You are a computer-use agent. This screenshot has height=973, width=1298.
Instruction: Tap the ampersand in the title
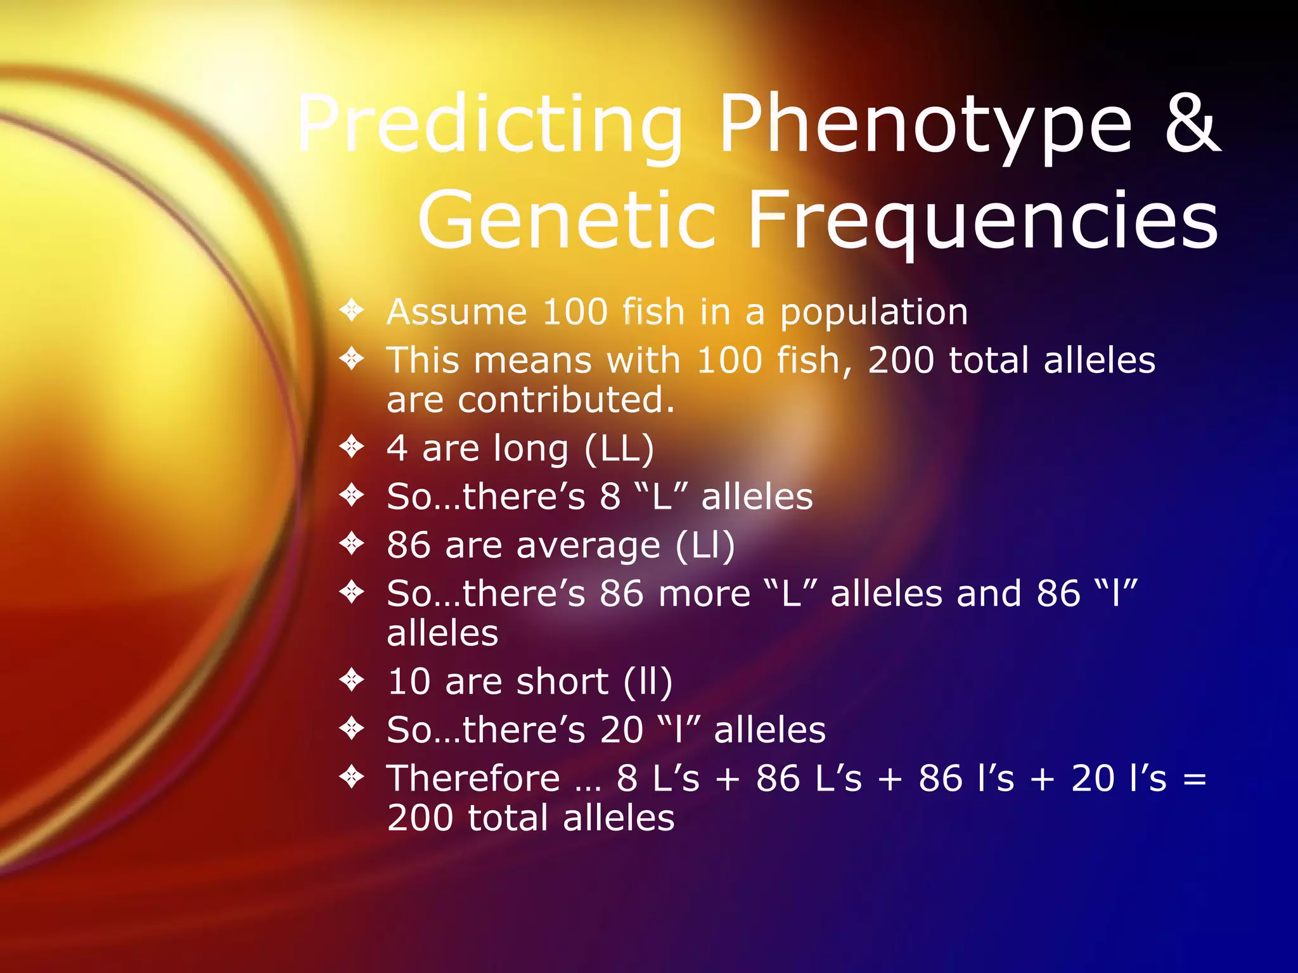1192,124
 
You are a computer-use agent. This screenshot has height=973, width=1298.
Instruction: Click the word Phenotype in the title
925,125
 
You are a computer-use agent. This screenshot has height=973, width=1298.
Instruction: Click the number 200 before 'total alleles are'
901,360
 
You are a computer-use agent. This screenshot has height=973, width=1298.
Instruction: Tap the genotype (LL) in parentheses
619,449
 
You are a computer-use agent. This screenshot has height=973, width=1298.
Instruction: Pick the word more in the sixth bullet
704,594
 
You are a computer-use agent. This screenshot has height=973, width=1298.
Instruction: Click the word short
562,682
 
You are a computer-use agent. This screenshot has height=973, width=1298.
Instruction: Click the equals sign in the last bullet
1194,780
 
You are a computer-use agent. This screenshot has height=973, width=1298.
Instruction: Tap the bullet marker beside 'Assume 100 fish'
352,310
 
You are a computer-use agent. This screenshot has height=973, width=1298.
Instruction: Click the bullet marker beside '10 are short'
352,680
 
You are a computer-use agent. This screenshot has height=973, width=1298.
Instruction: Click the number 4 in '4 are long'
397,449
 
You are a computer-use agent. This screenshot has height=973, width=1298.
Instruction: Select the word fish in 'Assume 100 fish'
653,312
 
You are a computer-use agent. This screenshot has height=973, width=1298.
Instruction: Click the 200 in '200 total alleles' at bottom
420,818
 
